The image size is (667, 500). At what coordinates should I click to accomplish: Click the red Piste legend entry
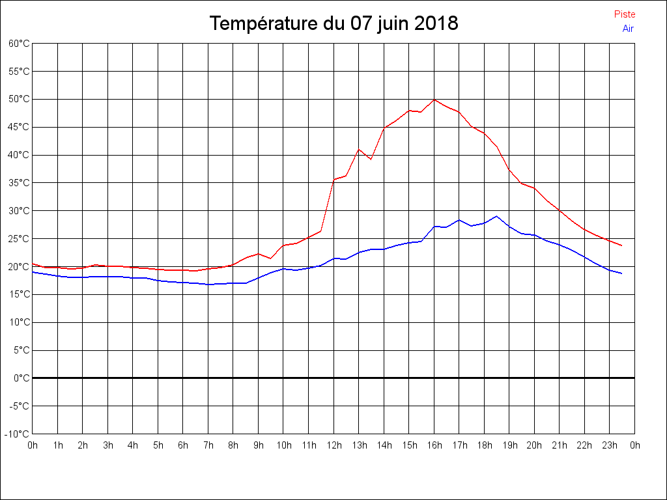pyautogui.click(x=624, y=14)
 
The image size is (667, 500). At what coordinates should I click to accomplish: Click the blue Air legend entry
pyautogui.click(x=628, y=29)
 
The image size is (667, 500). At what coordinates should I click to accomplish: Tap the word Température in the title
pyautogui.click(x=264, y=24)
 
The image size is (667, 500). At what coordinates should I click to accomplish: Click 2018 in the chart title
pyautogui.click(x=436, y=24)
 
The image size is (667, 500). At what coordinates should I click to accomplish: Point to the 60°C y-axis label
pyautogui.click(x=19, y=44)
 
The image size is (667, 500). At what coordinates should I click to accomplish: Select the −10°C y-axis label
pyautogui.click(x=18, y=434)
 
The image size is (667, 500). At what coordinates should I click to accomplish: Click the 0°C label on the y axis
pyautogui.click(x=21, y=378)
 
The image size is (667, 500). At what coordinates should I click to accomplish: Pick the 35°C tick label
pyautogui.click(x=19, y=183)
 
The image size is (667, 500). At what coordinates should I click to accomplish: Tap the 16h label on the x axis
pyautogui.click(x=434, y=445)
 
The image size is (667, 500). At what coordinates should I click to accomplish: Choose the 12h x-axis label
pyautogui.click(x=334, y=445)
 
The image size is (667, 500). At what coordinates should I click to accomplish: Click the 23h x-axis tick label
pyautogui.click(x=610, y=445)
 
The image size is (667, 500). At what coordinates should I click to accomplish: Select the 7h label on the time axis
pyautogui.click(x=208, y=445)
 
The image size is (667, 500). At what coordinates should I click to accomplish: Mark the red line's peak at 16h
pyautogui.click(x=434, y=99)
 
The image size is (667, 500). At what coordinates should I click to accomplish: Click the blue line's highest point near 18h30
pyautogui.click(x=497, y=216)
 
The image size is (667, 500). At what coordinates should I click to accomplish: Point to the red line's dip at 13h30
pyautogui.click(x=371, y=159)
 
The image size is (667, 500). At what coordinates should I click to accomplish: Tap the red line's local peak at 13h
pyautogui.click(x=359, y=149)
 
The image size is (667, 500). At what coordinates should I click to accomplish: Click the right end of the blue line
pyautogui.click(x=622, y=273)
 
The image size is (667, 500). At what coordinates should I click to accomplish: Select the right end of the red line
pyautogui.click(x=622, y=245)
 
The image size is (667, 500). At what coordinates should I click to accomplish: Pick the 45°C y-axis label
pyautogui.click(x=19, y=127)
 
